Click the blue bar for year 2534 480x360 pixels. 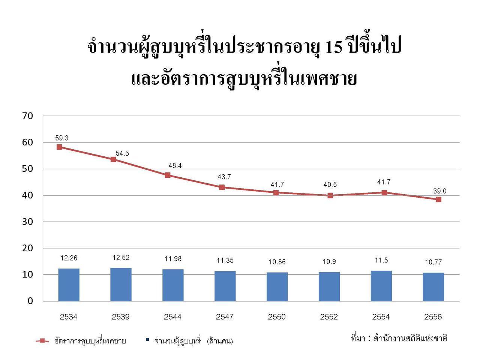69,285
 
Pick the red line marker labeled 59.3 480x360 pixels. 59,147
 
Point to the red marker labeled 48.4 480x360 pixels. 168,175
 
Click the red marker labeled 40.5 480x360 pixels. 330,195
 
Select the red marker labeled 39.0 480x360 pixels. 438,199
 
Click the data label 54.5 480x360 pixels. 122,153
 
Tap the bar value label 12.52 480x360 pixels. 121,258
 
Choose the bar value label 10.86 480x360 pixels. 277,262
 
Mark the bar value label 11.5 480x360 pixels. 381,260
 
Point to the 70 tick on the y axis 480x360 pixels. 28,116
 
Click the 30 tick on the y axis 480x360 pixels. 28,222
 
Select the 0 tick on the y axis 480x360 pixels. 30,301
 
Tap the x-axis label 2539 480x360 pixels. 121,317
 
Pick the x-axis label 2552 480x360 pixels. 329,317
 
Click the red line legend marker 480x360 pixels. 42,341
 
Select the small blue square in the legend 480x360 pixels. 147,340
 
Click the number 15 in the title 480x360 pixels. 334,48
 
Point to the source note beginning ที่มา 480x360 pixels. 399,338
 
